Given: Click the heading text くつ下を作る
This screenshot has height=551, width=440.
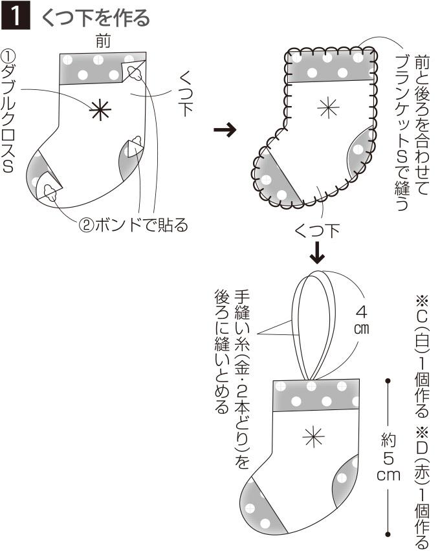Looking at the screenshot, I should coord(95,17).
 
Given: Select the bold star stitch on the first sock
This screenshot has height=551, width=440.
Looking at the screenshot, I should coord(100,111).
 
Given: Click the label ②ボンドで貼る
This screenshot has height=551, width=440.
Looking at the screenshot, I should coord(133,225).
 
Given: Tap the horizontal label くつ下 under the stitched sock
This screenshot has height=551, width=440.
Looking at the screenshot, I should coord(317,230).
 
